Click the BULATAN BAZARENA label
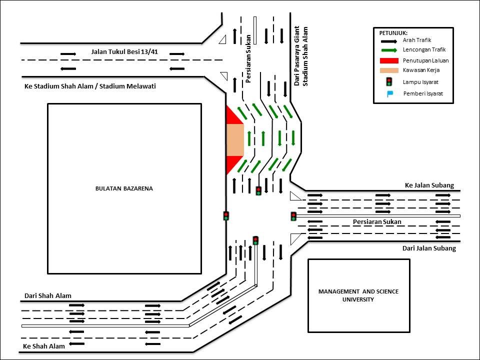[x=124, y=188]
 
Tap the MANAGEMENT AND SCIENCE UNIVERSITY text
[x=358, y=295]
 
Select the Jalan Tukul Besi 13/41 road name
[x=124, y=51]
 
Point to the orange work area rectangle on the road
[x=235, y=140]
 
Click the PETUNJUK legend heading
[x=393, y=33]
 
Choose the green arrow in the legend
[x=389, y=50]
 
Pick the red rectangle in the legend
[x=389, y=60]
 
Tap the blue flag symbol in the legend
[x=389, y=94]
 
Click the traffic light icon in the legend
[x=389, y=81]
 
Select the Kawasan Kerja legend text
[x=421, y=70]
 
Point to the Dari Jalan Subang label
[x=429, y=248]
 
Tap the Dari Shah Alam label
[x=48, y=295]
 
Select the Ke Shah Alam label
[x=44, y=346]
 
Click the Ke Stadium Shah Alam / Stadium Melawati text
[x=90, y=86]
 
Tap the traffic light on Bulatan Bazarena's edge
[x=226, y=216]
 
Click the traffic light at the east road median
[x=293, y=216]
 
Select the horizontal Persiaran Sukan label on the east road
[x=377, y=221]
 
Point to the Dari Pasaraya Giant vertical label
[x=296, y=56]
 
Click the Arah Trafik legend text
[x=417, y=40]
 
